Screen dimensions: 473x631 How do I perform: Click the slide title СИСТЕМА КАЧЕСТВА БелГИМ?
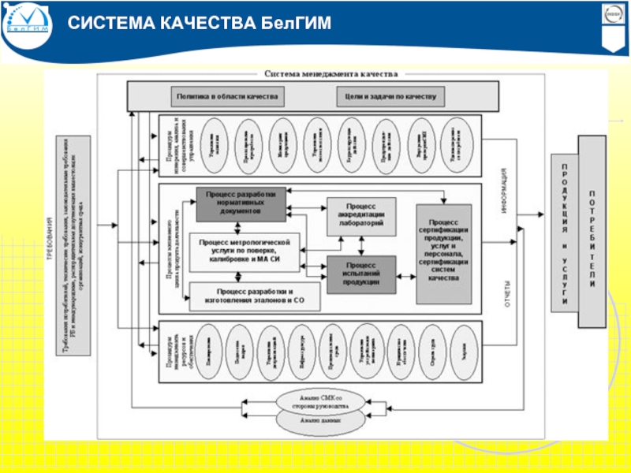tap(198, 24)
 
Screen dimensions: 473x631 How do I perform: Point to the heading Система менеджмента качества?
tap(327, 73)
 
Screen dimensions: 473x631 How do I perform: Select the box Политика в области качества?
tap(226, 97)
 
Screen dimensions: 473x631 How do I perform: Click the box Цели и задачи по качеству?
tap(390, 97)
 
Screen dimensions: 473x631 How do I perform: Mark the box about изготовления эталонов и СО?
tap(246, 296)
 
